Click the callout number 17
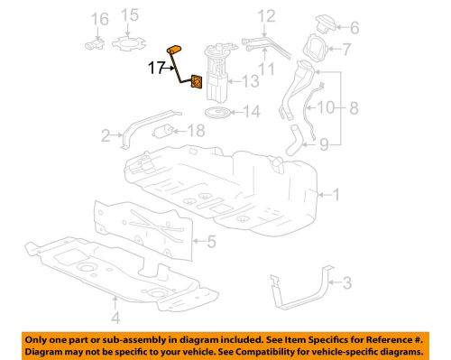pyautogui.click(x=157, y=66)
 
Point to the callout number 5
pyautogui.click(x=211, y=241)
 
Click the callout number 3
pyautogui.click(x=346, y=283)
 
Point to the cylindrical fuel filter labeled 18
pyautogui.click(x=164, y=132)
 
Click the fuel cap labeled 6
pyautogui.click(x=320, y=26)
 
